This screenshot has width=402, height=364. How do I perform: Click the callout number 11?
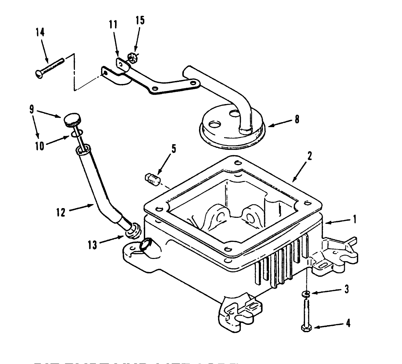113,25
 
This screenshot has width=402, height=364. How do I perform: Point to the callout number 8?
297,119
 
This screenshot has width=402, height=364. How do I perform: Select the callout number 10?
40,146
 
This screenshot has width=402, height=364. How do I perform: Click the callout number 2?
310,156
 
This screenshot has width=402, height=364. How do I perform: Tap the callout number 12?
61,212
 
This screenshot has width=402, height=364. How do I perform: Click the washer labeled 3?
306,294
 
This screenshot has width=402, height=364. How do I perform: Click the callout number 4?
348,324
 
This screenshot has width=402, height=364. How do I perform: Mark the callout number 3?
347,289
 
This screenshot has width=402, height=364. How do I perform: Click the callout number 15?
140,20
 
